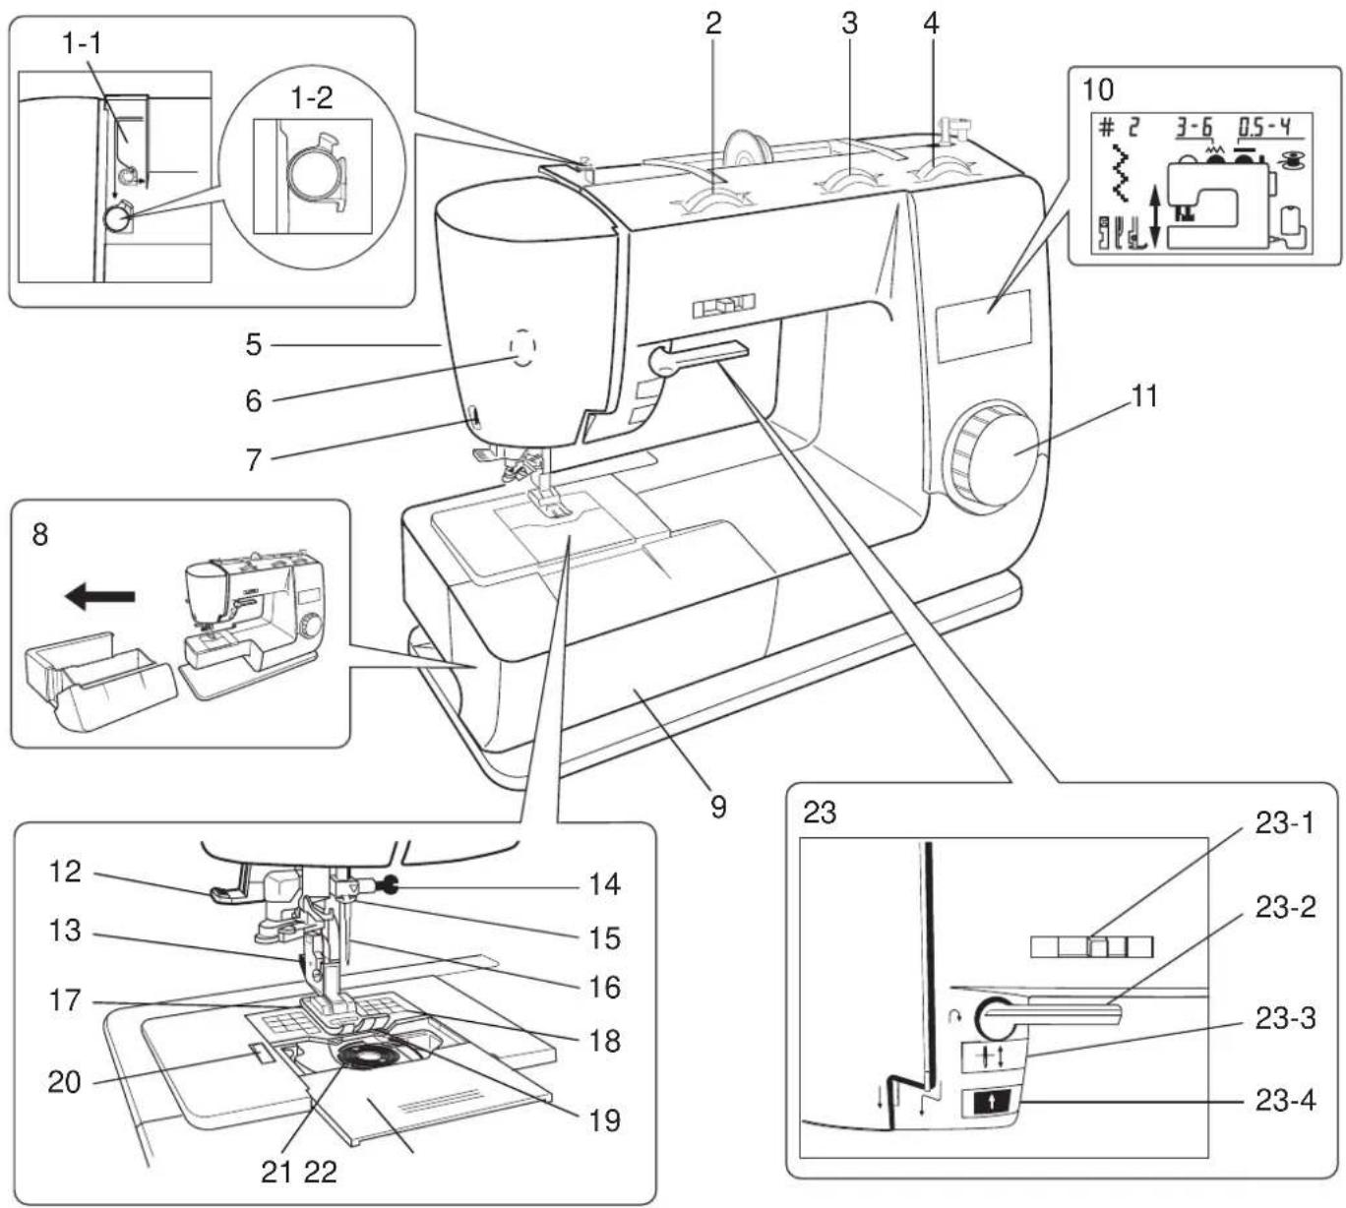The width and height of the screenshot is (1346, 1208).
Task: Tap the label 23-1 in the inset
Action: [1284, 822]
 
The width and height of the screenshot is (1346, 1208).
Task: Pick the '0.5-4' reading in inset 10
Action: [1263, 127]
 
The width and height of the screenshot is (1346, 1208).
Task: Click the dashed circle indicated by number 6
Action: [522, 346]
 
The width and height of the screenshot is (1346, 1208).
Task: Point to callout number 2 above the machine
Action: [713, 24]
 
